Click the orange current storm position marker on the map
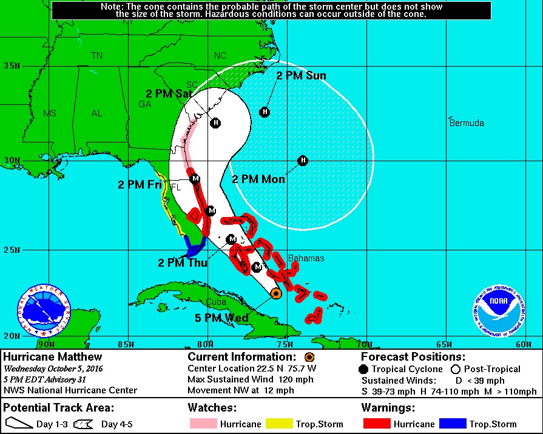tap(275, 293)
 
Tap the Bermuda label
tap(467, 123)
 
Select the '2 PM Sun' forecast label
tap(301, 76)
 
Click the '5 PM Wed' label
tap(221, 318)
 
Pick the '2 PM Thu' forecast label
tap(183, 263)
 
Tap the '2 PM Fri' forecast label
tap(140, 185)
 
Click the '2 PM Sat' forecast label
tap(169, 94)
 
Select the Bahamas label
tap(306, 258)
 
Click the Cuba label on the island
tap(216, 302)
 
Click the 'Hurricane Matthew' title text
tap(53, 357)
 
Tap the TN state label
tap(96, 56)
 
